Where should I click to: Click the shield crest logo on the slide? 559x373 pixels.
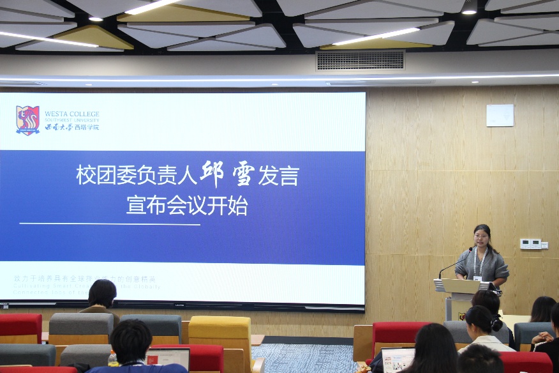[x=27, y=120]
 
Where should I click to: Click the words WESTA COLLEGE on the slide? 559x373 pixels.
[x=71, y=114]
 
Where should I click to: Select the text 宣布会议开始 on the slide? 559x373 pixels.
[x=186, y=206]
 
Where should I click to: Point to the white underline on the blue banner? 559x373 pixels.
[x=110, y=224]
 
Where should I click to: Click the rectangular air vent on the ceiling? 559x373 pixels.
[x=361, y=61]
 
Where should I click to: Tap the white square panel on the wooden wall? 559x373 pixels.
[x=500, y=115]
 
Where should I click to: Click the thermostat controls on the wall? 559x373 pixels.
[x=530, y=243]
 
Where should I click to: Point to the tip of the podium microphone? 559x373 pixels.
[x=472, y=249]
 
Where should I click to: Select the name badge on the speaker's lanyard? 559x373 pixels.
[x=477, y=278]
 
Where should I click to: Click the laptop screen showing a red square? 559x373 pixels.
[x=168, y=358]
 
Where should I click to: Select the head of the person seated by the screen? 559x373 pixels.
[x=102, y=293]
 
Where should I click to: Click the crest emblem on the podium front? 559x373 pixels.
[x=461, y=316]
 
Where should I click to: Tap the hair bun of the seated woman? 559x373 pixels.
[x=495, y=324]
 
